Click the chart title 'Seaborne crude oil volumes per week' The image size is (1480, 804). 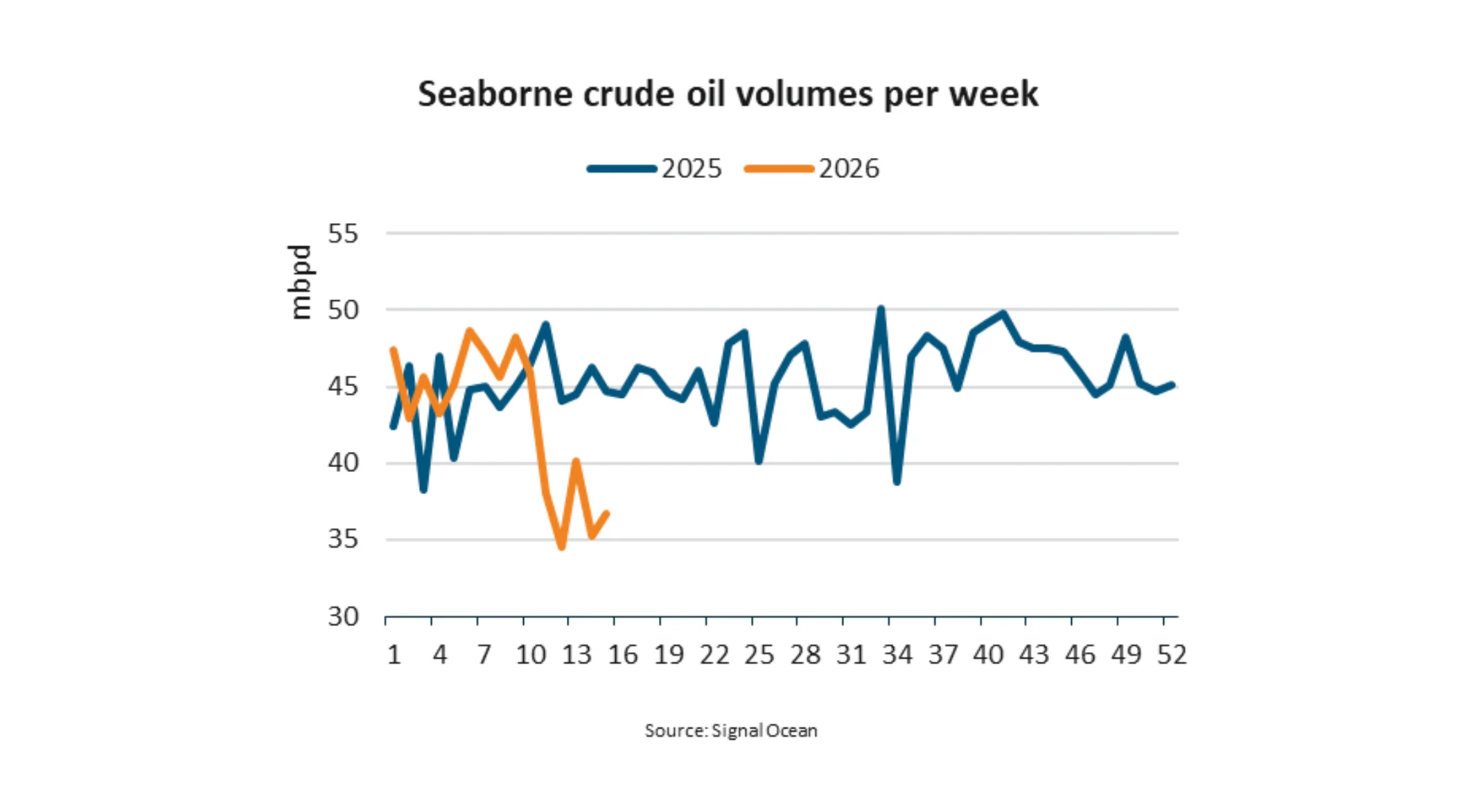point(728,94)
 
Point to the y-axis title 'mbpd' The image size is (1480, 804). point(300,282)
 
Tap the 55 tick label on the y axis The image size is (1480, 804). point(343,234)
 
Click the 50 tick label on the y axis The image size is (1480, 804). point(343,311)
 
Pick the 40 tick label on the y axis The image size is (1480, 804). point(343,463)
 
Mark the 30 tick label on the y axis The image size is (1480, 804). point(343,616)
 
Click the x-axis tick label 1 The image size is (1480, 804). point(394,655)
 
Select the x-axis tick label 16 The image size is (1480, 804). point(622,655)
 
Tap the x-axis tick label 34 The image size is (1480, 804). point(897,655)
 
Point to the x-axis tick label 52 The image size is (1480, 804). point(1172,655)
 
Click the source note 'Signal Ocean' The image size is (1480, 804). point(731,731)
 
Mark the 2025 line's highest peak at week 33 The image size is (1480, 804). point(881,308)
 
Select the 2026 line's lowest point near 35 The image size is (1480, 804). point(561,548)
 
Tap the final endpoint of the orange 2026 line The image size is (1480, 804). point(607,514)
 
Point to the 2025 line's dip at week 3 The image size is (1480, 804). point(423,490)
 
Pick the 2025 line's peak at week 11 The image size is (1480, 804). point(546,324)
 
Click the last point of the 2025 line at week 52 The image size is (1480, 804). point(1172,385)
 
